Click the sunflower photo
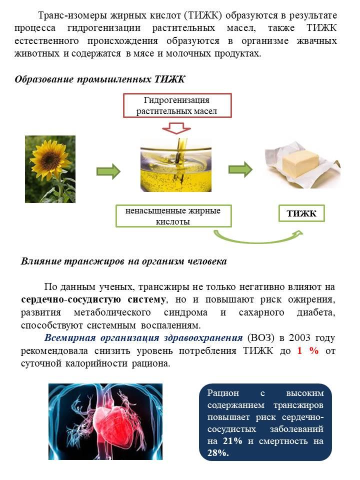tap(50, 169)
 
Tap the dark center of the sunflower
tap(49, 158)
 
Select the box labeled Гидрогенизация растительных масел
tap(177, 105)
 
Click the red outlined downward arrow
tap(176, 128)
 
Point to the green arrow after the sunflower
tap(108, 171)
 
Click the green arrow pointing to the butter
tap(240, 169)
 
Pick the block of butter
tap(300, 165)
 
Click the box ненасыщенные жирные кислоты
tap(173, 216)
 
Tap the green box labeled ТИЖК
tap(301, 213)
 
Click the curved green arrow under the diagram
tap(258, 240)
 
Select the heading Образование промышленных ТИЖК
tap(100, 79)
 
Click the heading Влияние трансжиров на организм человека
tap(123, 261)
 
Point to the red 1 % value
tap(308, 350)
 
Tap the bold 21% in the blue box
tap(232, 441)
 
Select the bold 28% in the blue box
tap(218, 453)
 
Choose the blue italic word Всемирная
tap(70, 337)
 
